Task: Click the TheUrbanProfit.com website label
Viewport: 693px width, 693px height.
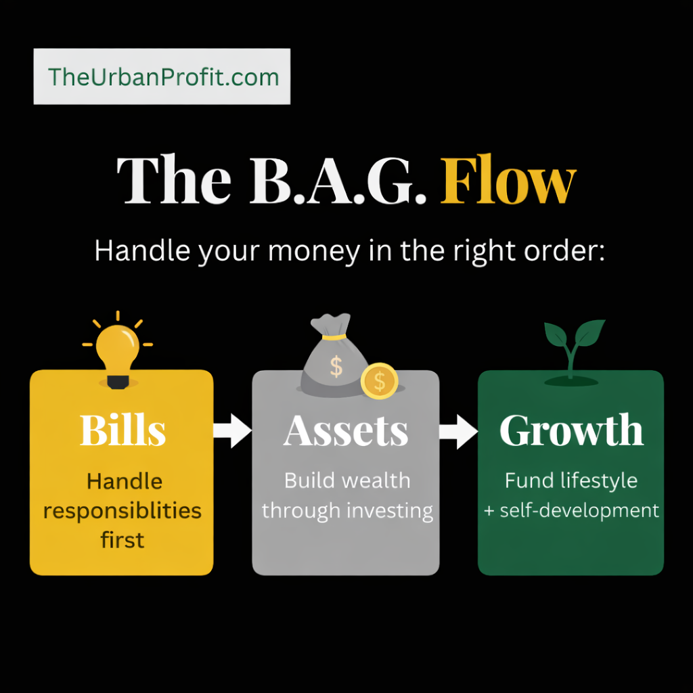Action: pos(162,76)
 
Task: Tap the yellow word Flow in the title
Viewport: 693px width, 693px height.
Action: pos(508,182)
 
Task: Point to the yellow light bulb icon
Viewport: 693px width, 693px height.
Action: pos(118,349)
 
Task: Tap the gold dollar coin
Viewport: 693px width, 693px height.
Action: pos(379,381)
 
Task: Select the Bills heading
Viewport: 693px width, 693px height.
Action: pos(122,430)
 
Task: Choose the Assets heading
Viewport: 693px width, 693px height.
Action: pos(346,430)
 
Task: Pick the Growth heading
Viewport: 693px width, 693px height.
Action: pos(571,430)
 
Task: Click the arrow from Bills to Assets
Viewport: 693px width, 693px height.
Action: pos(232,430)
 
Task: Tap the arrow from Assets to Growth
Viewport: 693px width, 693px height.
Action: pos(458,431)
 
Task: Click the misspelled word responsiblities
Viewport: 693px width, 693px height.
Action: pos(122,510)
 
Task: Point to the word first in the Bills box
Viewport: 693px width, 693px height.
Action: pos(122,539)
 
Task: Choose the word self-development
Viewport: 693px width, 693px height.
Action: pos(579,510)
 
